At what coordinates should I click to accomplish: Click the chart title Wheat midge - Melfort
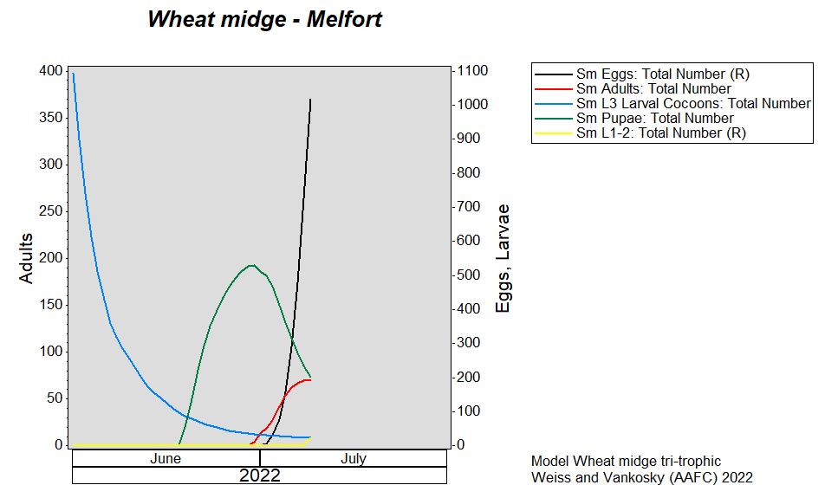(x=264, y=19)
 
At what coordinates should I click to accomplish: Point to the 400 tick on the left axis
(x=50, y=70)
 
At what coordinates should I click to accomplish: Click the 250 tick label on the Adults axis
(x=50, y=210)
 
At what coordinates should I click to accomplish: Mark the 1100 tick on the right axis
(x=472, y=70)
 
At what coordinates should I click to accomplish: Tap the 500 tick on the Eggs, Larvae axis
(x=468, y=275)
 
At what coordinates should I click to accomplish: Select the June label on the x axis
(x=166, y=458)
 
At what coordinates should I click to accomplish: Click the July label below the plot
(x=353, y=458)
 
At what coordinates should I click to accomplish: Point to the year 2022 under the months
(x=259, y=475)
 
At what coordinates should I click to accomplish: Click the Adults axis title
(x=26, y=258)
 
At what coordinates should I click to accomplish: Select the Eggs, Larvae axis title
(x=503, y=258)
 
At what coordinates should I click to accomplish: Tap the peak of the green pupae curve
(x=252, y=265)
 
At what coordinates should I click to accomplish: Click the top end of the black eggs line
(x=310, y=99)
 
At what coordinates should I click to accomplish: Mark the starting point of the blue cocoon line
(x=73, y=74)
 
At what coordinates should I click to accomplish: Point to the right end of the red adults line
(x=310, y=379)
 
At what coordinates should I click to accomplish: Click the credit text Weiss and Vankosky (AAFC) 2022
(x=642, y=477)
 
